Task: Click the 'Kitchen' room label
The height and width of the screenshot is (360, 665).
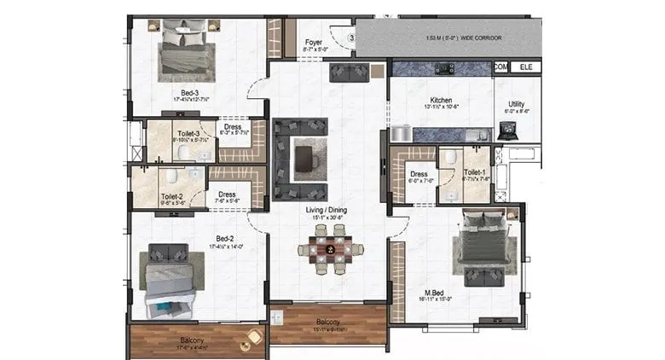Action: coord(441,100)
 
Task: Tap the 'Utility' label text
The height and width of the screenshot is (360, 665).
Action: coord(516,104)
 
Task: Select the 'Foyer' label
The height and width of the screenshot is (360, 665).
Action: coord(313,42)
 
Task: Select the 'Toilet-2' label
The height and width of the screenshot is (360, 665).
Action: coord(171,195)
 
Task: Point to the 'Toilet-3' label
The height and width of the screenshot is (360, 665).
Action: coord(186,133)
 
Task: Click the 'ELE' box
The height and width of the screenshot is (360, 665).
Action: coord(525,66)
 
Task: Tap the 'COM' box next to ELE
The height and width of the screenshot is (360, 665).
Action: coord(501,66)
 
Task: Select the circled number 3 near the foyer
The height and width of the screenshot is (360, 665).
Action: coord(350,37)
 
